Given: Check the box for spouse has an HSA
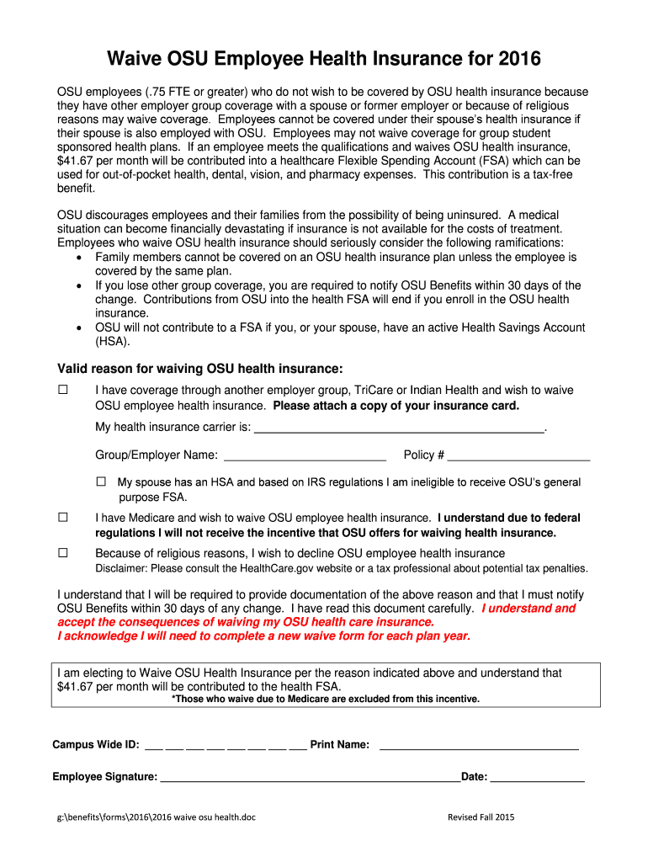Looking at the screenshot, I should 102,482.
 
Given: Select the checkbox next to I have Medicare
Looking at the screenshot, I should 62,518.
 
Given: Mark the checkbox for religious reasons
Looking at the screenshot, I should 62,553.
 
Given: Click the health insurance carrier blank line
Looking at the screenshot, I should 399,428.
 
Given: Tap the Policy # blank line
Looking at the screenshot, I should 518,456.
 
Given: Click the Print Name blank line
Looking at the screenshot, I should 479,745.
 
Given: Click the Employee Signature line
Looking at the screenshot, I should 310,778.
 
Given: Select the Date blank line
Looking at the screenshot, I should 537,778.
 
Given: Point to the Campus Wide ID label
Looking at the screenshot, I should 96,745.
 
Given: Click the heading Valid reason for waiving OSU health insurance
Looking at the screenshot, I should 199,369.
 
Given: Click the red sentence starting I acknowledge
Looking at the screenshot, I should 263,636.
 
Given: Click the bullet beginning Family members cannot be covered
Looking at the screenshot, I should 335,257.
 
